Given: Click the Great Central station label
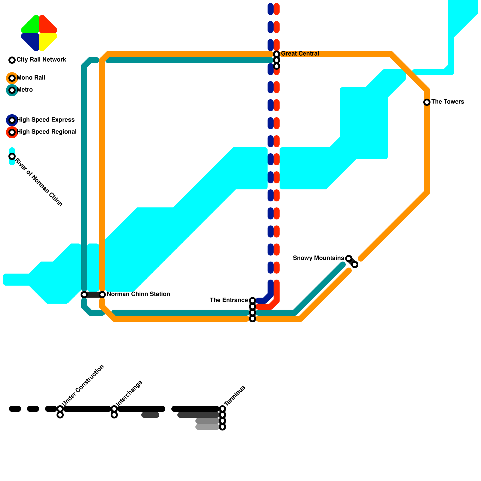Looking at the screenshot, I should click(300, 54).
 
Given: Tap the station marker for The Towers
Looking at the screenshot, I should click(427, 102).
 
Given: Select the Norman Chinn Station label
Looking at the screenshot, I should click(138, 294).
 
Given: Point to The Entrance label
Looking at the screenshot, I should click(229, 300).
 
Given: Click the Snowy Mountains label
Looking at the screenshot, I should click(318, 258).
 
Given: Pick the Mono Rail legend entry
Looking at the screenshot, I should click(31, 78).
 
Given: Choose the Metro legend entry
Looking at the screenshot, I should click(25, 90).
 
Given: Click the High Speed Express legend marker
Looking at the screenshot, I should click(12, 120).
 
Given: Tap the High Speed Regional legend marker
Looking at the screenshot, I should click(12, 132).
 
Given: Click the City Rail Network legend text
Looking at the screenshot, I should click(41, 60).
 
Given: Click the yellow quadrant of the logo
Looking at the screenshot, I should click(47, 40).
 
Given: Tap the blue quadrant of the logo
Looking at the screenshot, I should click(32, 40).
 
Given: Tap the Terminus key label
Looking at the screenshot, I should click(235, 396).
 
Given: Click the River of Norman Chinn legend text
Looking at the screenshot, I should click(39, 182).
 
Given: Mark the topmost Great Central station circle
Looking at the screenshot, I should click(277, 54).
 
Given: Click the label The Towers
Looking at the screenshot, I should click(448, 102).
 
